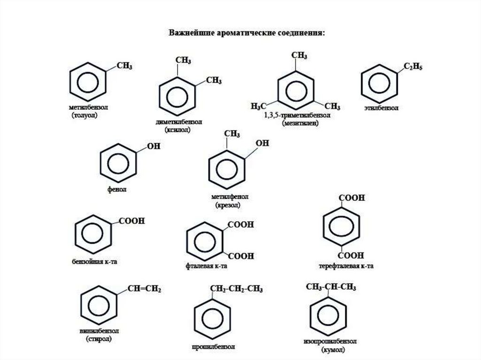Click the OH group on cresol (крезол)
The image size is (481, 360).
[x=262, y=143]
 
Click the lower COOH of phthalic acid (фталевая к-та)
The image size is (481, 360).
[x=240, y=256]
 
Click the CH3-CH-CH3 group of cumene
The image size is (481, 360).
[x=331, y=287]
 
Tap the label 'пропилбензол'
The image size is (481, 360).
[x=213, y=348]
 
